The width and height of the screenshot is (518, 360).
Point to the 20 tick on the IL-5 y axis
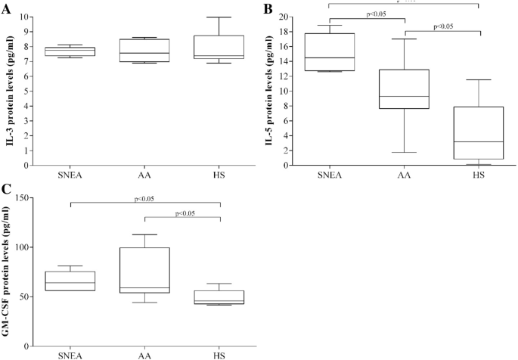297,17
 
